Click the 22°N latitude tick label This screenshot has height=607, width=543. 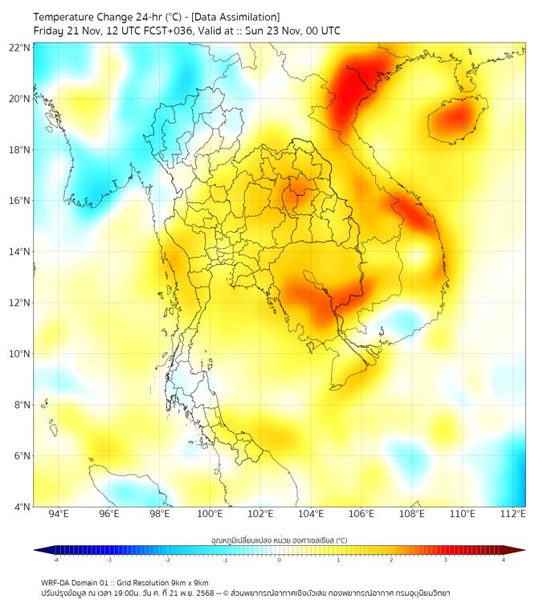pos(20,47)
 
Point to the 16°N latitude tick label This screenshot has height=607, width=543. pos(20,201)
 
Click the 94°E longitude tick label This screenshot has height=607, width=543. pos(59,514)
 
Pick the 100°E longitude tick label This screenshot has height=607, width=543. pos(210,514)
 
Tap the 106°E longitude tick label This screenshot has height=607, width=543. pos(361,514)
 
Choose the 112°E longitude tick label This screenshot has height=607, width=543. pos(512,514)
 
